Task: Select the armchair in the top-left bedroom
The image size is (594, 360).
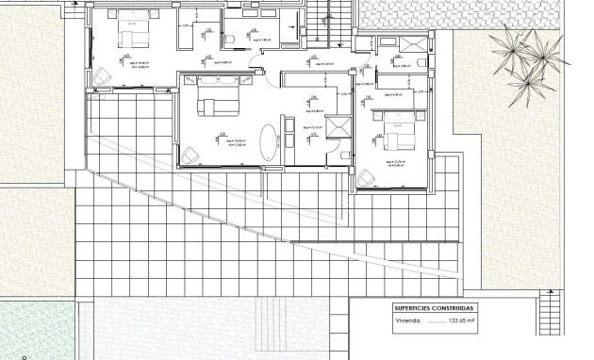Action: coord(101,77)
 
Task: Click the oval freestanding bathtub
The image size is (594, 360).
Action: coord(271,142)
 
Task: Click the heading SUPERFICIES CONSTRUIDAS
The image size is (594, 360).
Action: coord(436,308)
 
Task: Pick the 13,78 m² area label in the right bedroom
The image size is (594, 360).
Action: coord(395,161)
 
